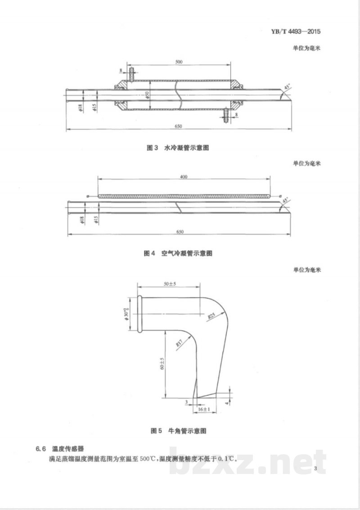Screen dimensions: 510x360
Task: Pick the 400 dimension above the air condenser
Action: [183, 177]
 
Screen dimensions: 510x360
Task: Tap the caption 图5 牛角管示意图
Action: [178, 430]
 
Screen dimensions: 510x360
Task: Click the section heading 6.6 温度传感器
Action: [59, 448]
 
